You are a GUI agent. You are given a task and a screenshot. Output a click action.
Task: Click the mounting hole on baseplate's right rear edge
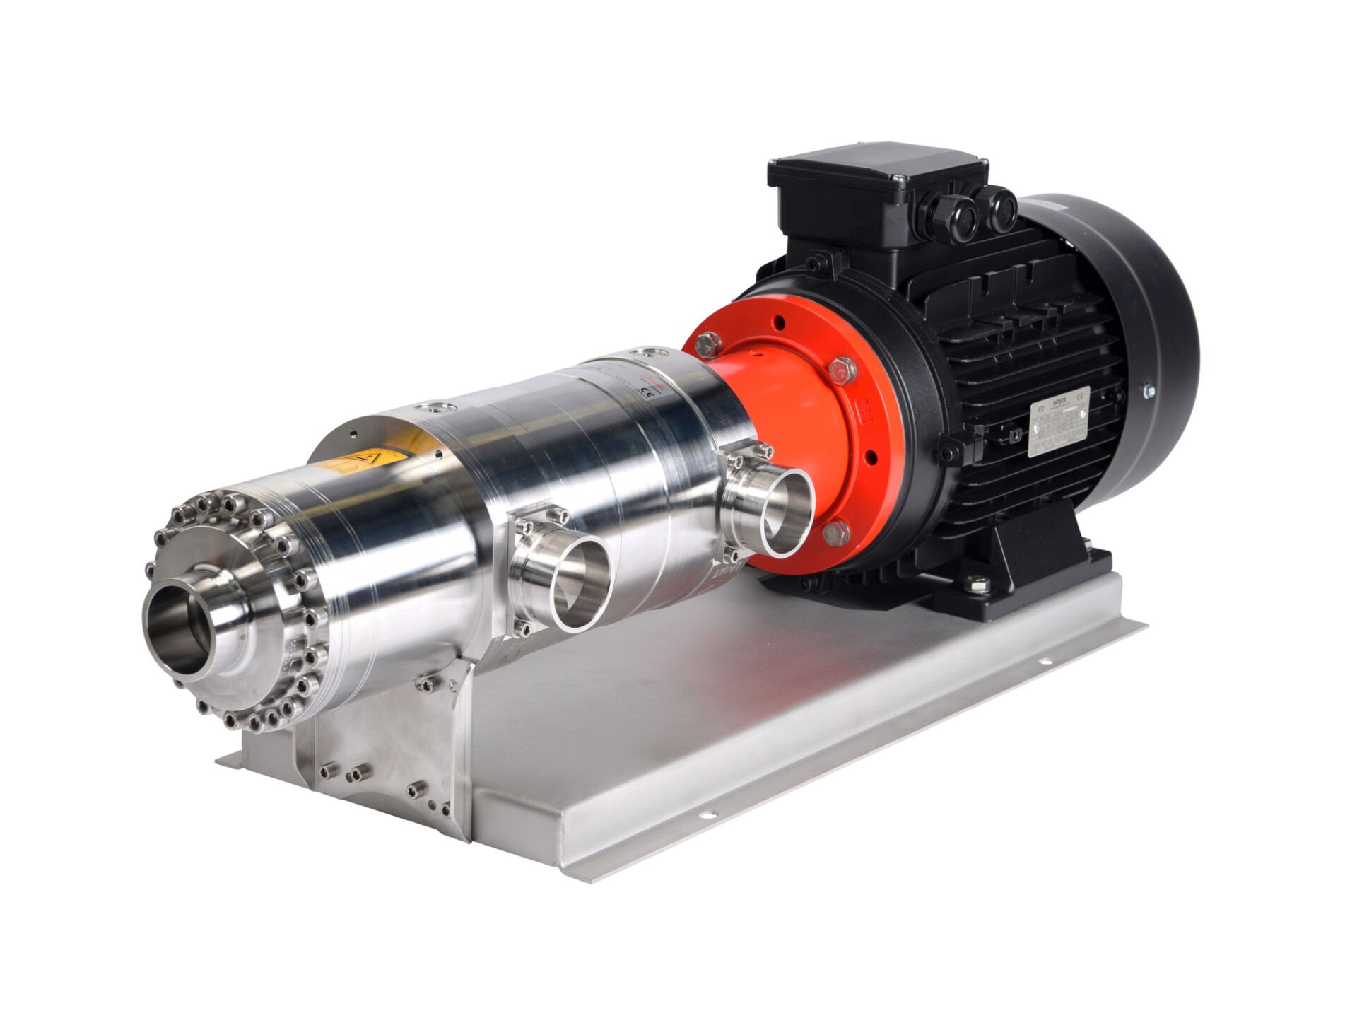[1042, 662]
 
